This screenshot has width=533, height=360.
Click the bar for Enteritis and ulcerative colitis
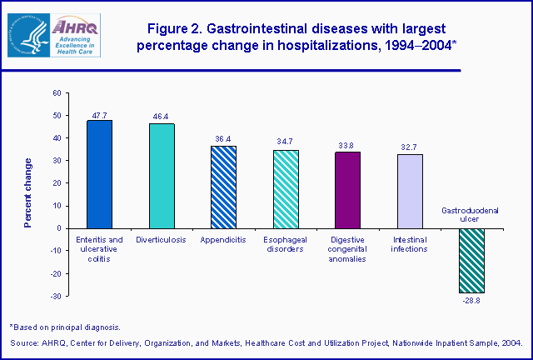99,173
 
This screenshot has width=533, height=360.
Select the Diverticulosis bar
162,175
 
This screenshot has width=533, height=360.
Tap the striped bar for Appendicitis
223,187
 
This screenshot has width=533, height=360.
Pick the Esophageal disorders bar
286,188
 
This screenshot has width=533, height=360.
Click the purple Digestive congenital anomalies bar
348,189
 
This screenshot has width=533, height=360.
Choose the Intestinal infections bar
410,191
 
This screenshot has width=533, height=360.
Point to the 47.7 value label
99,115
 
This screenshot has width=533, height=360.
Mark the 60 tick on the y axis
56,92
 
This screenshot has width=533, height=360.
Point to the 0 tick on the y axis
58,228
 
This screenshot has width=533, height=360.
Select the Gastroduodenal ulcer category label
471,216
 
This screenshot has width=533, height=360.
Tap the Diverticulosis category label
162,239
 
